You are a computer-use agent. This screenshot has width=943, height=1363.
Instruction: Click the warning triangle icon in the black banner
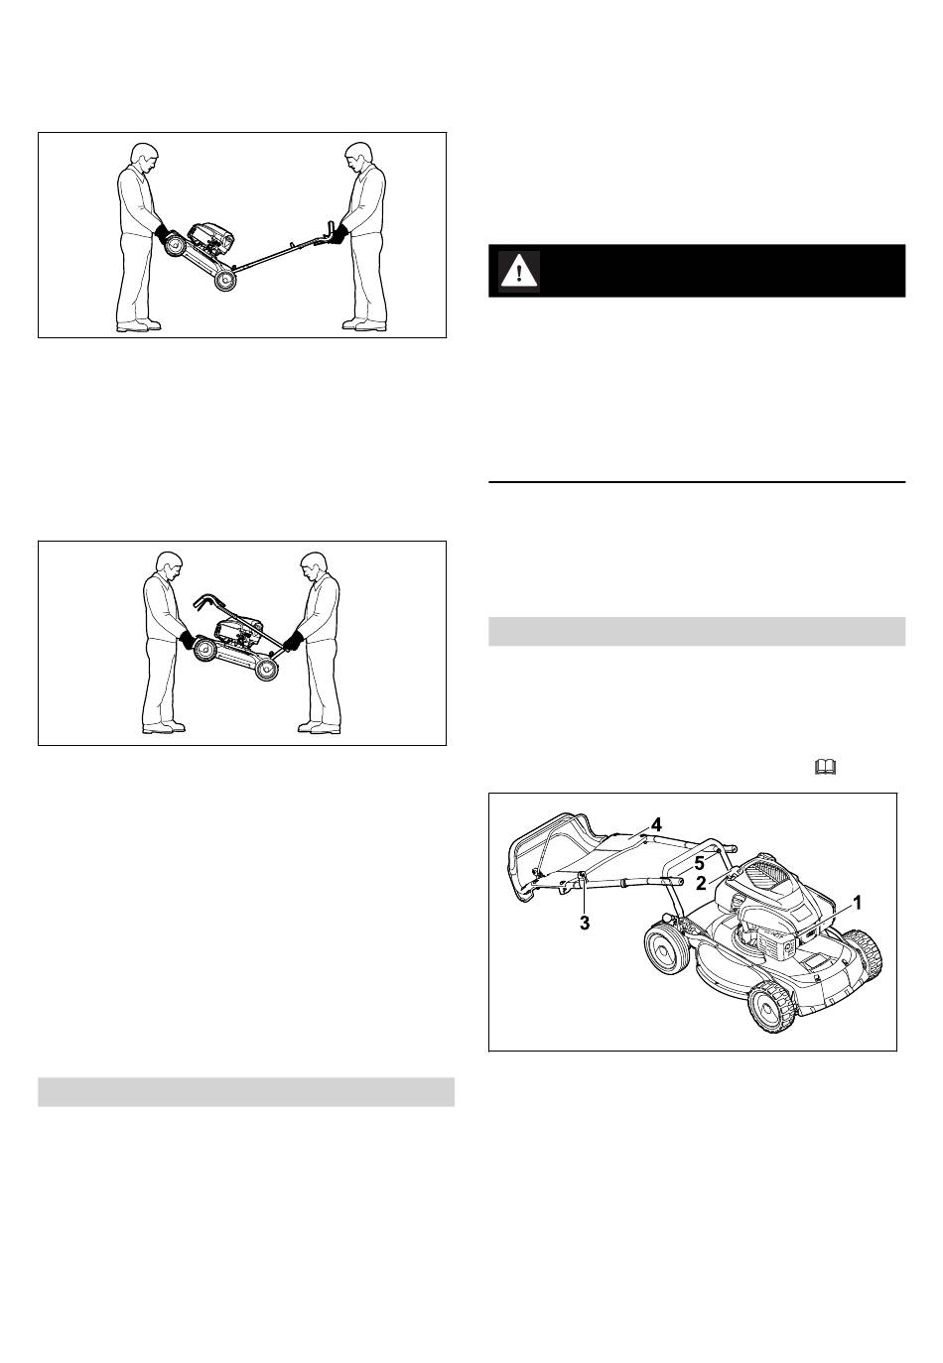[519, 270]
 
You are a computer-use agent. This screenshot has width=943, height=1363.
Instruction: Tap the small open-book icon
[826, 767]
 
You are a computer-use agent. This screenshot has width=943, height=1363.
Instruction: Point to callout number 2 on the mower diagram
[702, 883]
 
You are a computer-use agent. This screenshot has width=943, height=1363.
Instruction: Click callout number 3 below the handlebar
[585, 924]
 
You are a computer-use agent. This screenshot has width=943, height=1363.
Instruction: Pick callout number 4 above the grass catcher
[655, 824]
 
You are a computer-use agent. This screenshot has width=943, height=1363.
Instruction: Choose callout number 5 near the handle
[700, 863]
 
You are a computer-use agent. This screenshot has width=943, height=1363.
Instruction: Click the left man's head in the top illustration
[144, 158]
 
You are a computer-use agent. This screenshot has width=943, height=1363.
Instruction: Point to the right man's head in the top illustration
[357, 157]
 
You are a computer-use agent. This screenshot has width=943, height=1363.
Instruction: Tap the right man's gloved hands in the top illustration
[337, 233]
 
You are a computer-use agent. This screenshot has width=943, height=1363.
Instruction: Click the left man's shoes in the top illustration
[139, 325]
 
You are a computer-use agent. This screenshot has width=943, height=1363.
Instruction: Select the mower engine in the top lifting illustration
[211, 239]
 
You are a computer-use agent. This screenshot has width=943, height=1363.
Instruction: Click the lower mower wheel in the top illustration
[224, 281]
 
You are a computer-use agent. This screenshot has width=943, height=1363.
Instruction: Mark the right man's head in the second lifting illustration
[314, 566]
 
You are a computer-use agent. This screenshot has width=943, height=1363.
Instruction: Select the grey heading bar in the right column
[697, 631]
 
